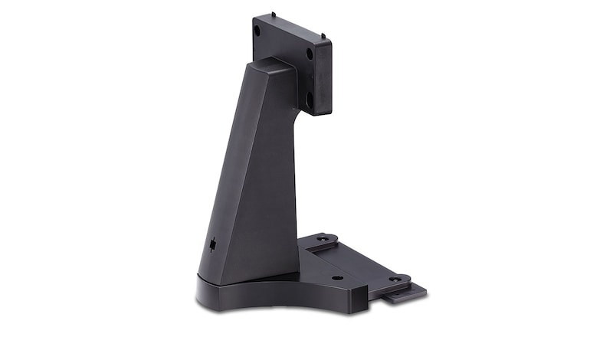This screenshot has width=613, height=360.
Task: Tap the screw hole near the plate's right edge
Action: coord(310,55)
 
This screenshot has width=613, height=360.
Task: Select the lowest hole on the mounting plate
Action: coord(310,97)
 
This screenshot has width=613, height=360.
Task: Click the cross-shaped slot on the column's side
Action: coord(211,244)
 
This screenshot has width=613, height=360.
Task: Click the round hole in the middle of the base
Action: coord(337,277)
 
